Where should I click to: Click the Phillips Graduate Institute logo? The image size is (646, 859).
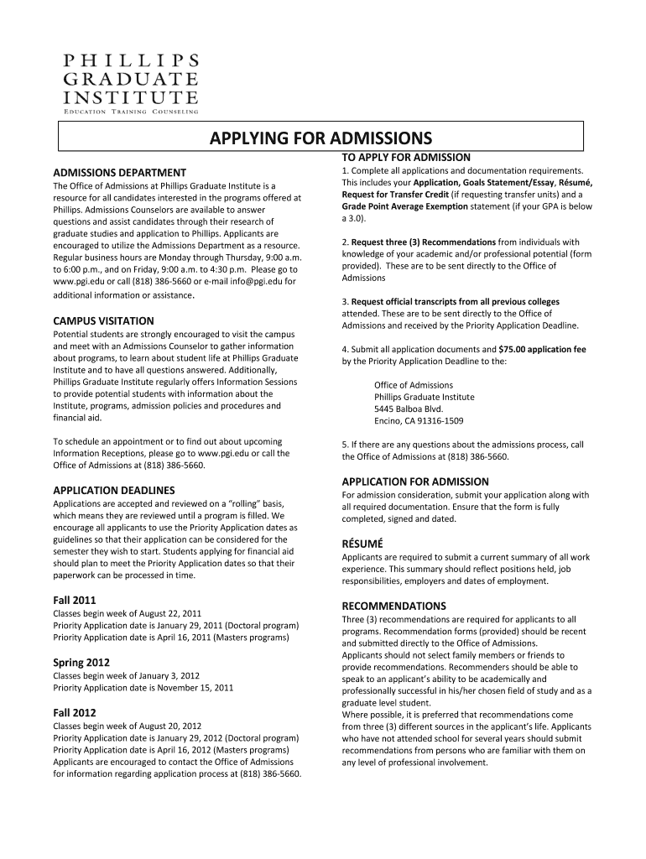130,81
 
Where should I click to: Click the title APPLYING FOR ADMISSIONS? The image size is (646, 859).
320,138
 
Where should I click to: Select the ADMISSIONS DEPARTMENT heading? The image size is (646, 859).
119,172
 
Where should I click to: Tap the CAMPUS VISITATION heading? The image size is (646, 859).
103,320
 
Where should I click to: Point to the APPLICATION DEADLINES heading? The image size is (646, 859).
113,490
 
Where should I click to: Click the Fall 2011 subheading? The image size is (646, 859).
75,601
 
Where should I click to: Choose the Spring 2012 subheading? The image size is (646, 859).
81,663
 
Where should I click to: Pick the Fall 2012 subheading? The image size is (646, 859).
75,713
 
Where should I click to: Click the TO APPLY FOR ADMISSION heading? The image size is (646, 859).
405,157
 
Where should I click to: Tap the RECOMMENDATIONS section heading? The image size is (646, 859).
393,606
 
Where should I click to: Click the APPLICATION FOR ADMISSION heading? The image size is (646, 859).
415,482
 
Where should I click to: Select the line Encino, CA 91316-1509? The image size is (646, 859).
419,421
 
